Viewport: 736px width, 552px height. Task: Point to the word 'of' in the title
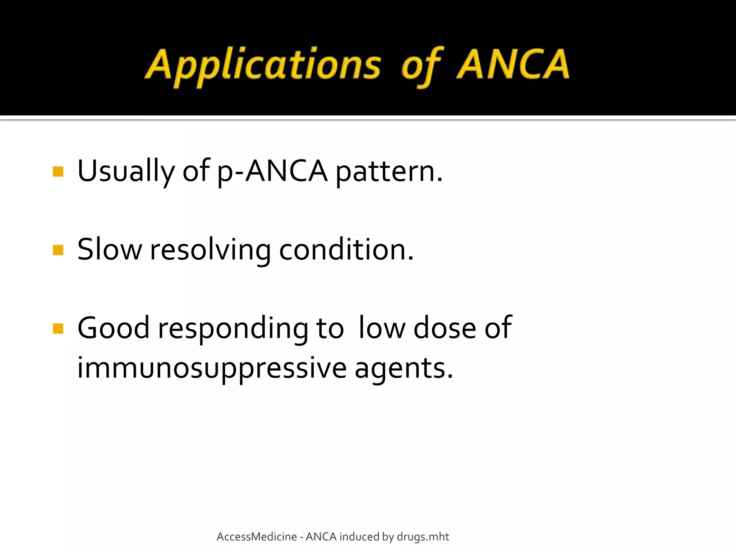coord(422,66)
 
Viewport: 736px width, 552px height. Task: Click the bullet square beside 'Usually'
coord(58,171)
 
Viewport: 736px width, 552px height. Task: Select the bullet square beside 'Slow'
coord(58,250)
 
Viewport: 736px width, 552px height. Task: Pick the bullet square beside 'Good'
coord(58,328)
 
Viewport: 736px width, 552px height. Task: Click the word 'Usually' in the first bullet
coord(126,171)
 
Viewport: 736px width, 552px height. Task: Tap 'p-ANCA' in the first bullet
coord(272,171)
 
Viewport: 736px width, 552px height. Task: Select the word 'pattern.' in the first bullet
coord(389,171)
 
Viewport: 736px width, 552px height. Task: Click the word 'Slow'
coord(110,250)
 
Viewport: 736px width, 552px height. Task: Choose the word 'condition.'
coord(346,250)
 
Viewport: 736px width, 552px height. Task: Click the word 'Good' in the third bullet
coord(113,328)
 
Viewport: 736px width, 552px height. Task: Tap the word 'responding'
coord(233,328)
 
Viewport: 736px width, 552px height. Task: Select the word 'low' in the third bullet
coord(382,328)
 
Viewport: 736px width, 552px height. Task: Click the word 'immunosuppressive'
coord(212,368)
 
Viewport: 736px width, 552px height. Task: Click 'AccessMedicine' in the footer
coord(257,537)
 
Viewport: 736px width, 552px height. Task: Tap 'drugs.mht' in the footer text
coord(423,537)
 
